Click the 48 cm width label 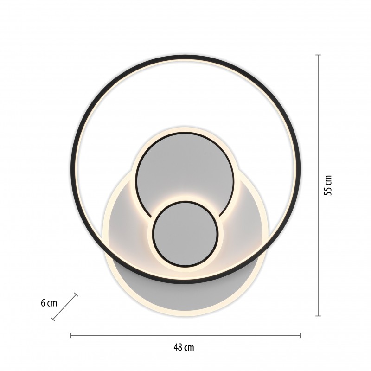[x=184, y=347]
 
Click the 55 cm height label [x=328, y=185]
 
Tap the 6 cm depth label [x=49, y=303]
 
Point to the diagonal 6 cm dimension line [x=64, y=307]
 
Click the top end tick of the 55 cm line [x=318, y=55]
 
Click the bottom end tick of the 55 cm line [x=318, y=316]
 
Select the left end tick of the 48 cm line [x=71, y=335]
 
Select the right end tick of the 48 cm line [x=300, y=335]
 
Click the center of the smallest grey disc [x=185, y=233]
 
